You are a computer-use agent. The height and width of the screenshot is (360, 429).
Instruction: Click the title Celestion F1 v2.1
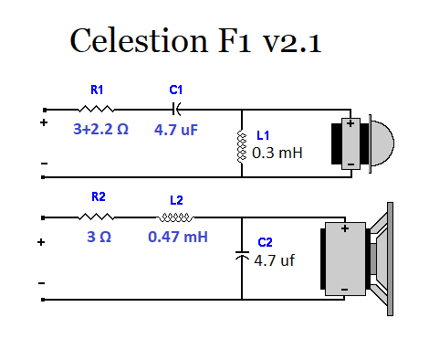[195, 40]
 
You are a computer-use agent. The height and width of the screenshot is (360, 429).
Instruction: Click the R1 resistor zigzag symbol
[96, 109]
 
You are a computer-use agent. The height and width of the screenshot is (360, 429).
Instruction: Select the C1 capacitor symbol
[176, 109]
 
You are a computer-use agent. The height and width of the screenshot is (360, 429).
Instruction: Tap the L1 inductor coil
[242, 147]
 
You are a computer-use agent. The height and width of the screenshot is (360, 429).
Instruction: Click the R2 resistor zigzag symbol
[96, 217]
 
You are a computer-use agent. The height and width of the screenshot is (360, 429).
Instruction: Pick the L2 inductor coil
[175, 217]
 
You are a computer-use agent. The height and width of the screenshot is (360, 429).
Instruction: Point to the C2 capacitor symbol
[242, 256]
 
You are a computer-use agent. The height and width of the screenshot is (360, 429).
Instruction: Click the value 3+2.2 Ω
[100, 129]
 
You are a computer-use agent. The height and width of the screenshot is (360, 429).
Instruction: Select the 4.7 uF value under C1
[176, 130]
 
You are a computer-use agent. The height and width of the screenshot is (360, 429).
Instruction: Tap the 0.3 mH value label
[277, 153]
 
